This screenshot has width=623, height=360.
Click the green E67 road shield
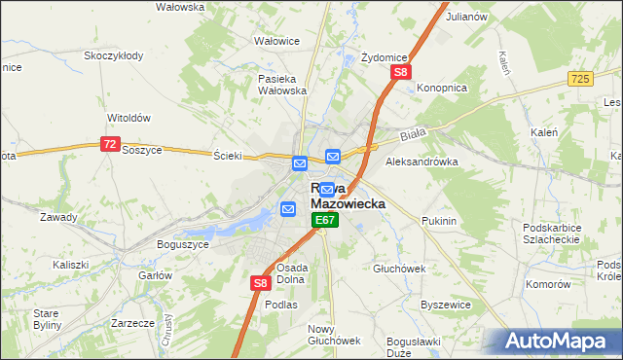[x=325, y=222]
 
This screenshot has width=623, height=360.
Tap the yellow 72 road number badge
[x=109, y=144]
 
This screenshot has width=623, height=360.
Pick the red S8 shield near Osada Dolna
[x=260, y=283]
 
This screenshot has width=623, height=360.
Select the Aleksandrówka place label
[x=421, y=162]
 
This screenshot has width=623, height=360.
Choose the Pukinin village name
[x=439, y=222]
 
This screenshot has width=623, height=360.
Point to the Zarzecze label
[x=133, y=322]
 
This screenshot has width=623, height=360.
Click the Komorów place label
[x=547, y=284]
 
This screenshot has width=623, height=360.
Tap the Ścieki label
[x=227, y=156]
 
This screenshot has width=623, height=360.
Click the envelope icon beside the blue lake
[x=288, y=208]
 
